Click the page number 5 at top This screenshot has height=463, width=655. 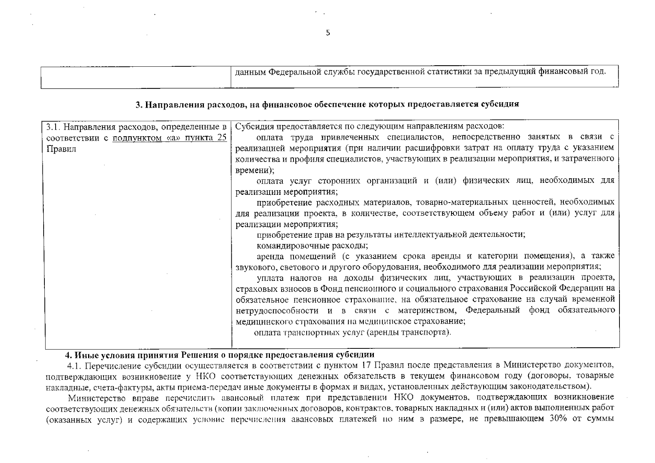point(328,33)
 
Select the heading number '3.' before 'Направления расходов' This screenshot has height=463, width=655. point(139,105)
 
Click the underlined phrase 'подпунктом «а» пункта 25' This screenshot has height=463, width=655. point(170,138)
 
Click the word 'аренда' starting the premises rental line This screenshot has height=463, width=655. point(270,256)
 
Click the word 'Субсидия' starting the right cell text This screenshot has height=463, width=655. point(252,127)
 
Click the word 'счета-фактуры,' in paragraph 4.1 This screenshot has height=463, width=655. point(104,386)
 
